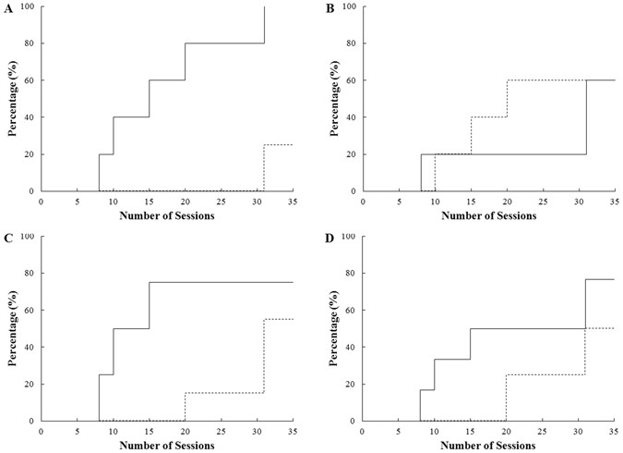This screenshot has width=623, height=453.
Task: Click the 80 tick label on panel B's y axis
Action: pyautogui.click(x=352, y=43)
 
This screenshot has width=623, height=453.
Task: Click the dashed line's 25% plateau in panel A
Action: pyautogui.click(x=279, y=145)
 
